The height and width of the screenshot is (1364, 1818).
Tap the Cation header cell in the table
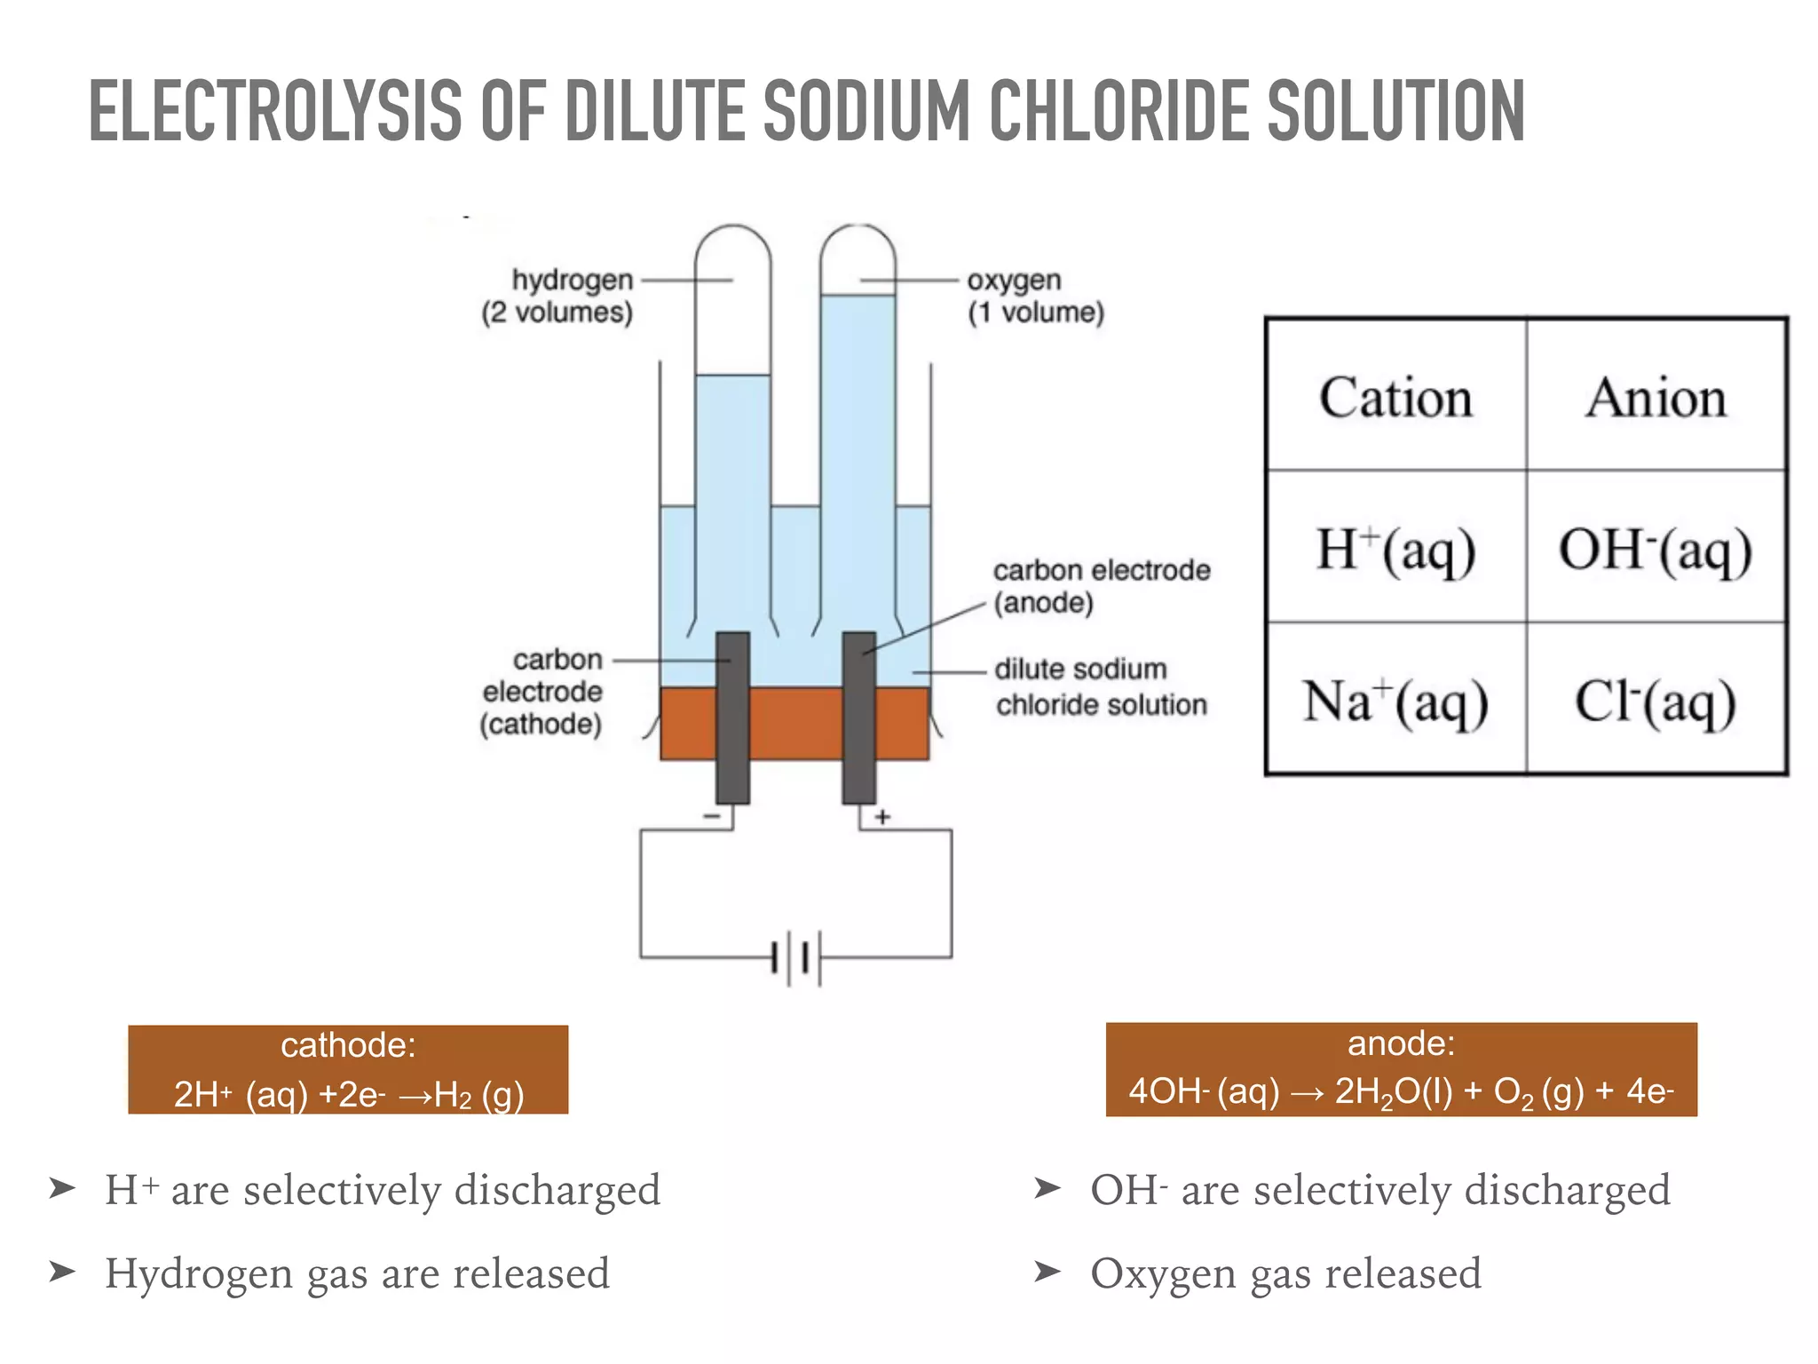1395,397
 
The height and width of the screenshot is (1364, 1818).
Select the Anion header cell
1656,397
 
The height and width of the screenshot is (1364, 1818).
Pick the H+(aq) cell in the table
1395,549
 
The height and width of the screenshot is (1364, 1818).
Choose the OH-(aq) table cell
1656,549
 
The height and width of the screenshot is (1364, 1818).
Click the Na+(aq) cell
1395,702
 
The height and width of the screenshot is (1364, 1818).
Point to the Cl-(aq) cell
1656,702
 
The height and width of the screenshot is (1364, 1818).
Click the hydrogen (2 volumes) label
558,296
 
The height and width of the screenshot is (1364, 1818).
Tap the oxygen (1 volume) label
1035,296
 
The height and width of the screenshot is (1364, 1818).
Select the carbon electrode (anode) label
1101,586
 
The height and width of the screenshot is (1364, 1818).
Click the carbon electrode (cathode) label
541,692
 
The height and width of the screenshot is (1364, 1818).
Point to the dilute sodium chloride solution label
1100,686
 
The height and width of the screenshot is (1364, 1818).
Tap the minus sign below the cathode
712,816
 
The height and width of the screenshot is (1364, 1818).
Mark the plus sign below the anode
882,817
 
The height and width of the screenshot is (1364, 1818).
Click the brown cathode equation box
348,1069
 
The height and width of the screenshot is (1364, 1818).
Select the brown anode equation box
1401,1069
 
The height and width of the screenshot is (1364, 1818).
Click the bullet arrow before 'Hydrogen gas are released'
62,1272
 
